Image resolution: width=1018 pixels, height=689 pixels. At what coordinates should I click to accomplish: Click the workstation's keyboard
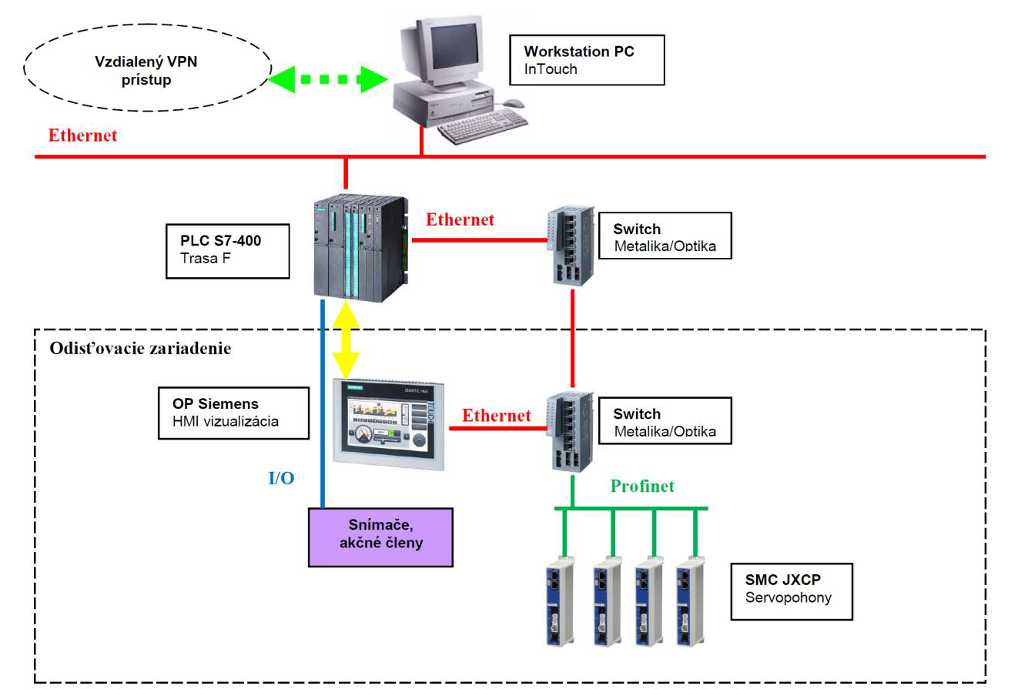click(x=483, y=127)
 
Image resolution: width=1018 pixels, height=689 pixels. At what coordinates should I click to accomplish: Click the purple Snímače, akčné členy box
click(x=380, y=537)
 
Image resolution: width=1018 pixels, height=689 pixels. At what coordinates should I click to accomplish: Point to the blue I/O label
click(x=281, y=479)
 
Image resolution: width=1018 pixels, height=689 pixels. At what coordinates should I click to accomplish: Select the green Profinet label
click(x=642, y=486)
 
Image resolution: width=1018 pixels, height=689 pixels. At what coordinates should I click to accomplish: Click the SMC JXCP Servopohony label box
click(x=792, y=589)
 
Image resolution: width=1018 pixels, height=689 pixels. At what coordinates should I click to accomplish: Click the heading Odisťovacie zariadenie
click(x=140, y=348)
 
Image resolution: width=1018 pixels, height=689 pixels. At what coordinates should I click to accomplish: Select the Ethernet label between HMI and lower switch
click(x=497, y=416)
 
